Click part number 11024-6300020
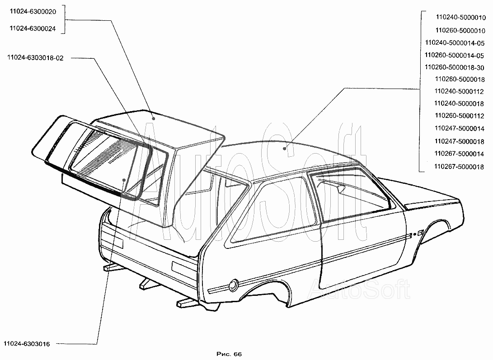coord(32,13)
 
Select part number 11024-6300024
coord(32,28)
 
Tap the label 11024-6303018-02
coord(35,58)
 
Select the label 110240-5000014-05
coord(455,42)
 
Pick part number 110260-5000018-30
coord(455,68)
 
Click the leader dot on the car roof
coord(284,148)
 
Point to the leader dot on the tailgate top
coord(154,118)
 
